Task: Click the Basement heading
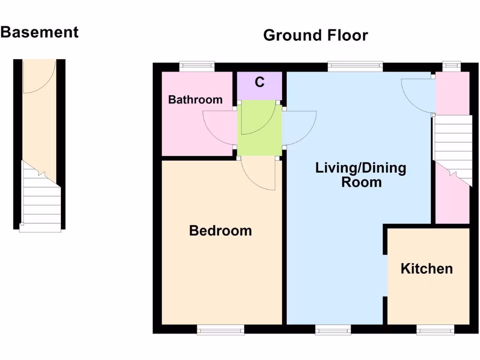[39, 32]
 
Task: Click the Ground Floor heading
[315, 35]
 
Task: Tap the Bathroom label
[195, 99]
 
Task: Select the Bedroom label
[220, 231]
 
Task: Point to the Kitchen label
[427, 269]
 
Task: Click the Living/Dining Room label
[360, 174]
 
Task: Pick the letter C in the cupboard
[259, 82]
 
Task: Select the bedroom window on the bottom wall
[220, 330]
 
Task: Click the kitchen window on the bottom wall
[435, 330]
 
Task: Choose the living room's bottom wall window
[333, 330]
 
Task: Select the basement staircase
[41, 197]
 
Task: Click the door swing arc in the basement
[39, 77]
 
